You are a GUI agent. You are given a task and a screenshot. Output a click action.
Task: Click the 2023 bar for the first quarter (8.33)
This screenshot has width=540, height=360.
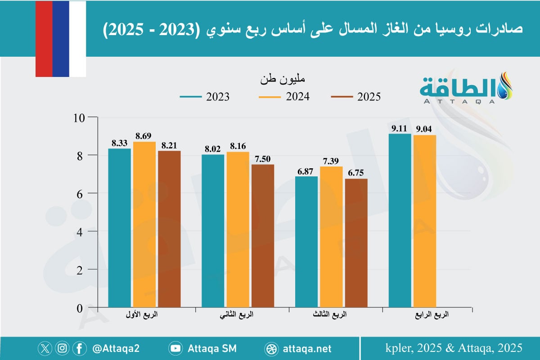(120, 228)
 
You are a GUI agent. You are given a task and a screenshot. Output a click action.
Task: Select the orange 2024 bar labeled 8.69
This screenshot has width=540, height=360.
(144, 225)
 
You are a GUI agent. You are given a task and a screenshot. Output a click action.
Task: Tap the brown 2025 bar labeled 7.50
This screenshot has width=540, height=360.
(263, 236)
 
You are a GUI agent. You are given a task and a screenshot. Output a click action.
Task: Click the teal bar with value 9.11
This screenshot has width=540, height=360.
(400, 220)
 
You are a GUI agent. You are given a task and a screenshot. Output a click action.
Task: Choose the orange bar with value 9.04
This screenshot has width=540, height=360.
(425, 221)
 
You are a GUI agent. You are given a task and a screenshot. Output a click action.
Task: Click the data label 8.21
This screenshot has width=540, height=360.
(169, 146)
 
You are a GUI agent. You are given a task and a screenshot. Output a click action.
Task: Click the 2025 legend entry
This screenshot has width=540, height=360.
(355, 97)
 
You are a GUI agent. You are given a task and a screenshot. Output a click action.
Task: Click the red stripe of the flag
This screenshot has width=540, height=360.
(44, 38)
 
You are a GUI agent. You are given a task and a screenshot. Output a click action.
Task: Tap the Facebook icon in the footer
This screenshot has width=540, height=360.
(79, 348)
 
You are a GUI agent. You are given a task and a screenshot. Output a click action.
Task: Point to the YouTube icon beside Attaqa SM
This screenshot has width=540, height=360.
(176, 349)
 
